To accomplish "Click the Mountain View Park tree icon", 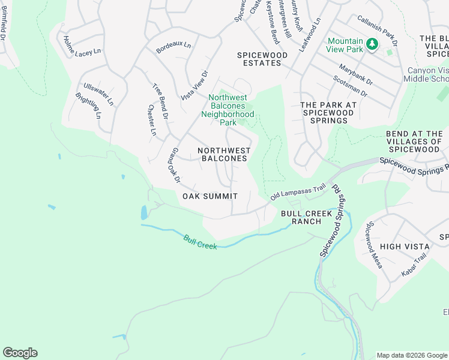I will click(x=372, y=43).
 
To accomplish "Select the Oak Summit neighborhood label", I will click(x=209, y=196).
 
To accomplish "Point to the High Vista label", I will click(x=405, y=247).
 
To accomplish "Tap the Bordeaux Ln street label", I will click(x=173, y=47).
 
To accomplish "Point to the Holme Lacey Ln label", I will click(x=78, y=46).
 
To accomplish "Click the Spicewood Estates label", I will click(x=262, y=59).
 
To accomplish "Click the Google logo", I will click(x=20, y=353).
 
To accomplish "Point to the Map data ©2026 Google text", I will click(x=411, y=355).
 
